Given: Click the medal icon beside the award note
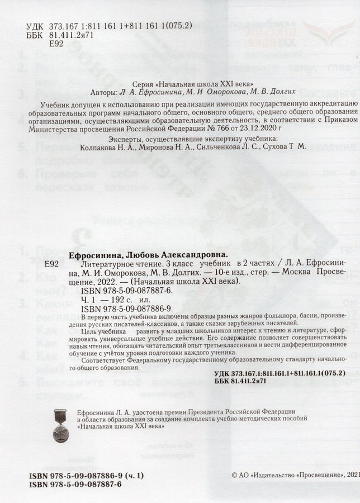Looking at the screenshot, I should pyautogui.click(x=60, y=426).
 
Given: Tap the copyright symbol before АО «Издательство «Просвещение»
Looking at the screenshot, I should pyautogui.click(x=234, y=474).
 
